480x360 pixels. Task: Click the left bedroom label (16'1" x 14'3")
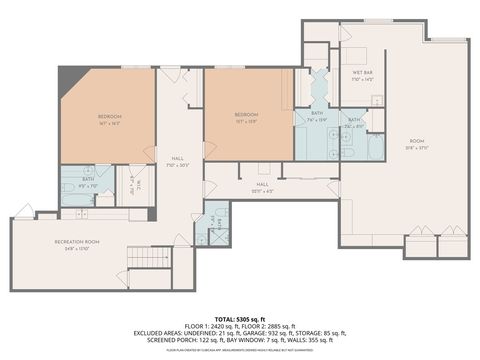(x=110, y=120)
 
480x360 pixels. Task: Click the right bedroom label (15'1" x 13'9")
(x=247, y=117)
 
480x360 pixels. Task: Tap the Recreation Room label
(x=77, y=245)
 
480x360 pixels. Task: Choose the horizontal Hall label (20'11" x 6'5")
(x=262, y=186)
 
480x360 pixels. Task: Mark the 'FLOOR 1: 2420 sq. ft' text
(x=211, y=326)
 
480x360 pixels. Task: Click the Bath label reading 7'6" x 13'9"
(x=317, y=116)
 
